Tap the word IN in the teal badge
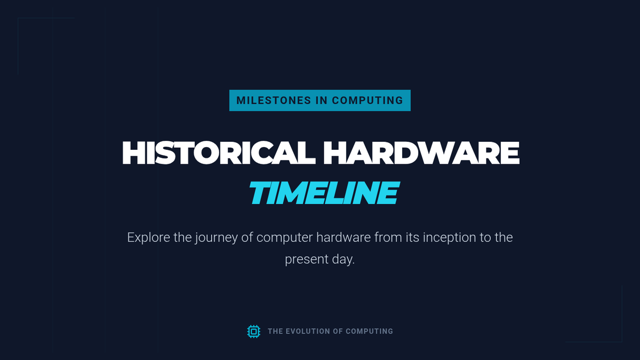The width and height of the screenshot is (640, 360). (322, 100)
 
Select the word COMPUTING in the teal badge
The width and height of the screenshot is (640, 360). (367, 100)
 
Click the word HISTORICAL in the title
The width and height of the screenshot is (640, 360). (219, 153)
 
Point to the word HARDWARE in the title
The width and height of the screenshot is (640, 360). (421, 153)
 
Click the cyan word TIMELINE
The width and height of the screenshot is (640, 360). (324, 193)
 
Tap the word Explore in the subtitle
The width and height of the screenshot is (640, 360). (149, 238)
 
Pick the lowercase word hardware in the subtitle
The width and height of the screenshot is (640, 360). (343, 237)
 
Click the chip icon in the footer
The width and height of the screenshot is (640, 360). (254, 331)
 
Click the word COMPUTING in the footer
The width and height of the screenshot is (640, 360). (370, 331)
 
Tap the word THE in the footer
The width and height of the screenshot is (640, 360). (275, 331)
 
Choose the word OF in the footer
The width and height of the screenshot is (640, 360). (338, 331)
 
